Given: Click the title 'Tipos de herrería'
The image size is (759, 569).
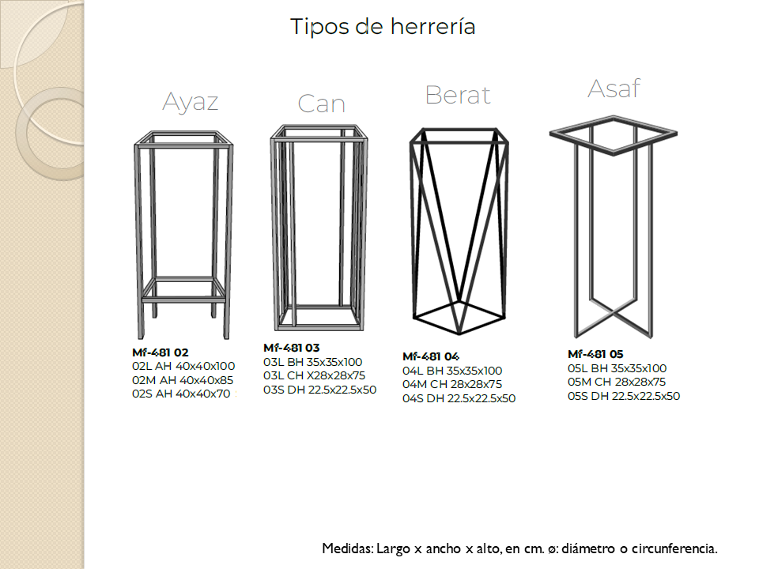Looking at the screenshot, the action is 383,26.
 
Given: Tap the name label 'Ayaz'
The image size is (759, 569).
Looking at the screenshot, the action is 191,102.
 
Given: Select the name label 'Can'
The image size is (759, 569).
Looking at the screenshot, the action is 322,104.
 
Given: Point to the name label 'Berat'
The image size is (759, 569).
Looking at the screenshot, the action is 458,95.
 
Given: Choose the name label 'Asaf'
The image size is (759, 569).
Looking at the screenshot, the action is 614,89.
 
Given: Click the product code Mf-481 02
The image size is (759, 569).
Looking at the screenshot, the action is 160,352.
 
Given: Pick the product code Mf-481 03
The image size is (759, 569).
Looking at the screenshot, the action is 292,348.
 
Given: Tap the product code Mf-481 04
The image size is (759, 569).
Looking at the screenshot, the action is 431,356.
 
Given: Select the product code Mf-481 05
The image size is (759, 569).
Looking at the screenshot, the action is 595,354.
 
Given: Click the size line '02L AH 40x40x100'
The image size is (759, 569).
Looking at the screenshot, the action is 183,366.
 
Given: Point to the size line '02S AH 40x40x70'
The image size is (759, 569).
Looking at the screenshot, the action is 181,394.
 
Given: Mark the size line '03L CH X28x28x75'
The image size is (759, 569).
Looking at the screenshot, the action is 314,375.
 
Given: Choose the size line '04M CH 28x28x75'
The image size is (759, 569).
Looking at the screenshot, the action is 452,384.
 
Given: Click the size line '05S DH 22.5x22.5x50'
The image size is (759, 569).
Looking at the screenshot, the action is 624,396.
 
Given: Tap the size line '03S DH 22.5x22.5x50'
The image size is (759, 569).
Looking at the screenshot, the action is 320,390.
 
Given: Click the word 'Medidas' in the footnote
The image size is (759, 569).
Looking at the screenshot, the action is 348,548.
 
